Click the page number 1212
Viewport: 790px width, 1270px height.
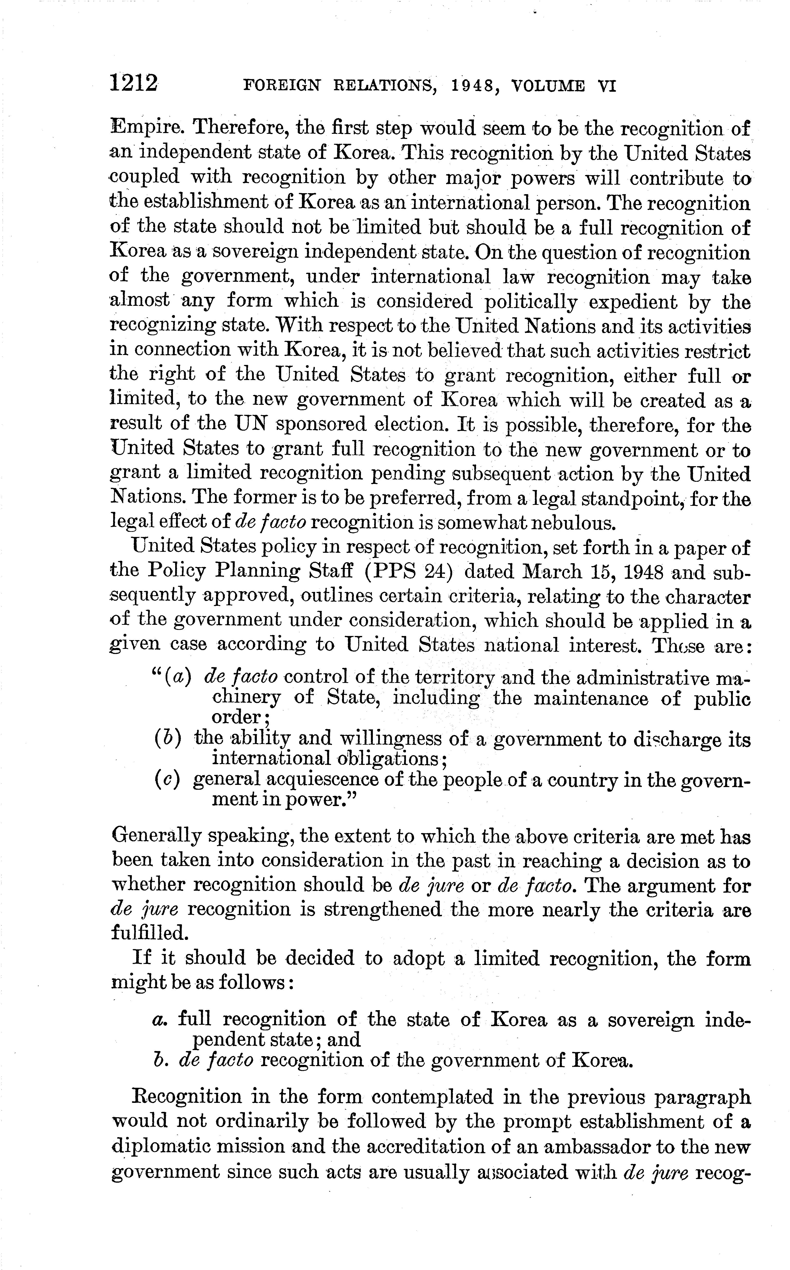point(134,84)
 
